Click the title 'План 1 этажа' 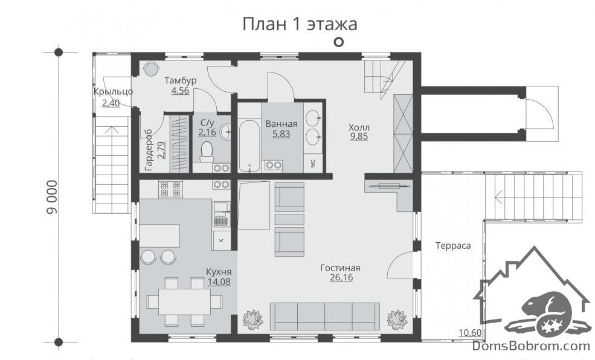(x=300, y=24)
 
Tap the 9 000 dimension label (x=53, y=197)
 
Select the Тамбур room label (x=180, y=80)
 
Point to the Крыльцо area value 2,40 (x=111, y=103)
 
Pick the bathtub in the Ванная (x=249, y=146)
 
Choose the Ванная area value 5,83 (x=281, y=133)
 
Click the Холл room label (x=359, y=127)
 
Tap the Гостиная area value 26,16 (x=341, y=277)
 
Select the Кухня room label (x=219, y=272)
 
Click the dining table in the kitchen (x=184, y=301)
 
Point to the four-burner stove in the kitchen (x=170, y=189)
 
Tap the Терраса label (x=453, y=245)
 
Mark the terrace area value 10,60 (x=470, y=333)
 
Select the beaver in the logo (x=547, y=309)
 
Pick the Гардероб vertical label (x=149, y=150)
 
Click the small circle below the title (x=339, y=42)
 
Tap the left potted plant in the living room (x=253, y=319)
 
